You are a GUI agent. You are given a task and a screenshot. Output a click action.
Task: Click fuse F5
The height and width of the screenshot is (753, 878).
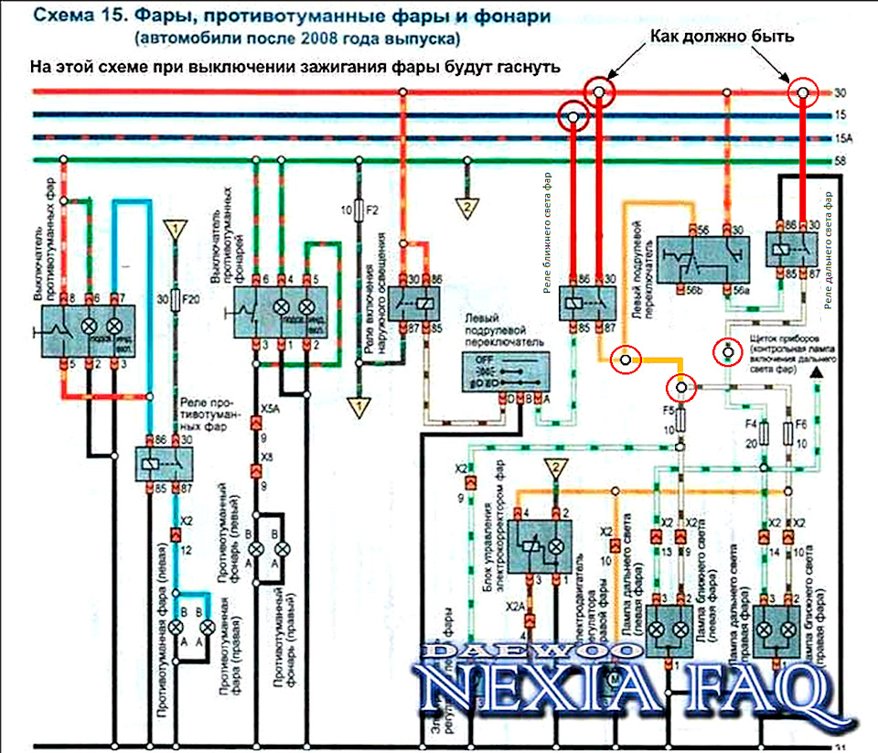(x=680, y=420)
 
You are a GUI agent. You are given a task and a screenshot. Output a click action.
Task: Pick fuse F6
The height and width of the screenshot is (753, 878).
(x=788, y=433)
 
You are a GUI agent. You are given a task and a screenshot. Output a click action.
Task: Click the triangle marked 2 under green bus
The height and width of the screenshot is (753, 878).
(x=467, y=208)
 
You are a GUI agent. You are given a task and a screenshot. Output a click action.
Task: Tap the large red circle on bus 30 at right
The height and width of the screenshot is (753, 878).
(x=804, y=92)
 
